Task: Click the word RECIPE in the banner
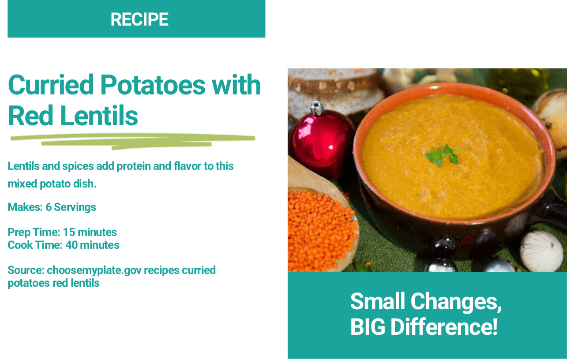pyautogui.click(x=139, y=19)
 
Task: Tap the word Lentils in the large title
pyautogui.click(x=99, y=116)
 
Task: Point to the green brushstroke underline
pyautogui.click(x=133, y=142)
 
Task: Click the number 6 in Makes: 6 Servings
pyautogui.click(x=49, y=207)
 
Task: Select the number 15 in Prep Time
pyautogui.click(x=69, y=232)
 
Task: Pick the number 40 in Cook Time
pyautogui.click(x=71, y=245)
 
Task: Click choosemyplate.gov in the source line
pyautogui.click(x=94, y=270)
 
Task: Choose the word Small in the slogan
pyautogui.click(x=378, y=301)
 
